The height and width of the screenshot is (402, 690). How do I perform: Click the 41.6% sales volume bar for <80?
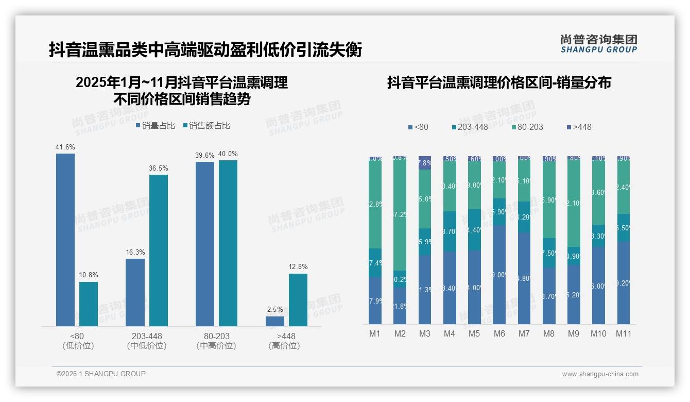coord(65,240)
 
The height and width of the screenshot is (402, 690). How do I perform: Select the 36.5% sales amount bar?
coord(158,250)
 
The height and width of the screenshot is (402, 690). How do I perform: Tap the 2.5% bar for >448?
coord(275,321)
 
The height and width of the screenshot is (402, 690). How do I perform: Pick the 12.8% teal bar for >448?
coord(298,300)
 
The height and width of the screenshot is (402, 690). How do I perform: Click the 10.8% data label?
coord(89,275)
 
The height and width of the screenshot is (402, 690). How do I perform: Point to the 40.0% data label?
coord(228,154)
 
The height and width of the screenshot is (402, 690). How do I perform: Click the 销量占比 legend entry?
coord(155,126)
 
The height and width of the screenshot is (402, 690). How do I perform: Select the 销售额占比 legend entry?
coord(206,126)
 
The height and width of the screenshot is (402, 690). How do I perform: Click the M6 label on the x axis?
coord(499,334)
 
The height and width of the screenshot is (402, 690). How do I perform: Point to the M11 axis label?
coord(623,334)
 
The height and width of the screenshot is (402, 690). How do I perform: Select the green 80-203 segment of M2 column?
coord(400,214)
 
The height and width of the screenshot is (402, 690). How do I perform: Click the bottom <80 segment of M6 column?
coord(499,275)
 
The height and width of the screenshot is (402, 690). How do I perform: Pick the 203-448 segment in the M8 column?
coord(549,253)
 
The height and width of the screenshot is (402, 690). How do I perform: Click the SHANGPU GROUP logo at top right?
coord(598,43)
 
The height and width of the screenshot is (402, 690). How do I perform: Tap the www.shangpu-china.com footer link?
coord(600,374)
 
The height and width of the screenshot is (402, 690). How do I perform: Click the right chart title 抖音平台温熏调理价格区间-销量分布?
coord(498,83)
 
